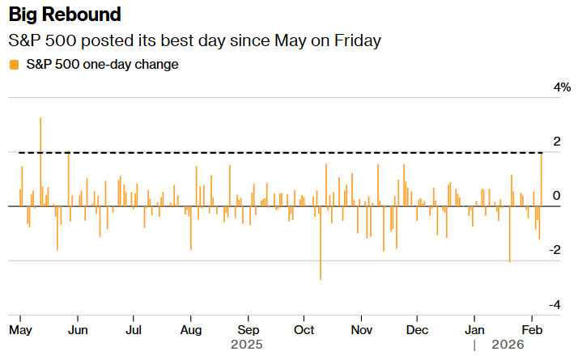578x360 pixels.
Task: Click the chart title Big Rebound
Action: [x=65, y=15]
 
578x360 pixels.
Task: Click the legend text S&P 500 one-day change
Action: [x=102, y=63]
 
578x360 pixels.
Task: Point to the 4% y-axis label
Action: [x=561, y=87]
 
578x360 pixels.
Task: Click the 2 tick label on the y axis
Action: [x=556, y=142]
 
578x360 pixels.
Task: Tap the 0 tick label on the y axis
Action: [x=556, y=196]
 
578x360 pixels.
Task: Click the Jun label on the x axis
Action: [x=78, y=330]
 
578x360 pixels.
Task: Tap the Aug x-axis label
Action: [x=190, y=330]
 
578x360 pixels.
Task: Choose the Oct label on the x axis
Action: [x=304, y=330]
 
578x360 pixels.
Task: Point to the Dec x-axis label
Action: [x=417, y=330]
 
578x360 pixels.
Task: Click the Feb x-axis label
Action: [x=532, y=330]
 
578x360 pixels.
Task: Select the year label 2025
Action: [x=247, y=345]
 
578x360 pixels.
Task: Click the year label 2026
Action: [x=508, y=345]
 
